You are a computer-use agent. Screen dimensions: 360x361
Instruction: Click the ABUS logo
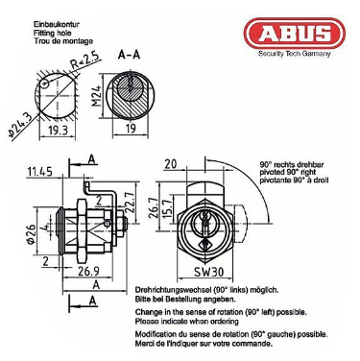[295, 34]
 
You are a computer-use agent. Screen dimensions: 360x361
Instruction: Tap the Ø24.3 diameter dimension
[20, 125]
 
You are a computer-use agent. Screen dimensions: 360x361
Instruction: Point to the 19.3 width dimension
[59, 130]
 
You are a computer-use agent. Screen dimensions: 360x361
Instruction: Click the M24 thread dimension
[98, 96]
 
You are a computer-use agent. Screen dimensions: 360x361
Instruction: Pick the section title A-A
[129, 55]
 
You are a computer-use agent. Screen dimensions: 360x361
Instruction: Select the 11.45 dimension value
[39, 172]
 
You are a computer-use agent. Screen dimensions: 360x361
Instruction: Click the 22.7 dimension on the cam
[131, 203]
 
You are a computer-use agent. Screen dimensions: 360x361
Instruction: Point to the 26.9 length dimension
[88, 271]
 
